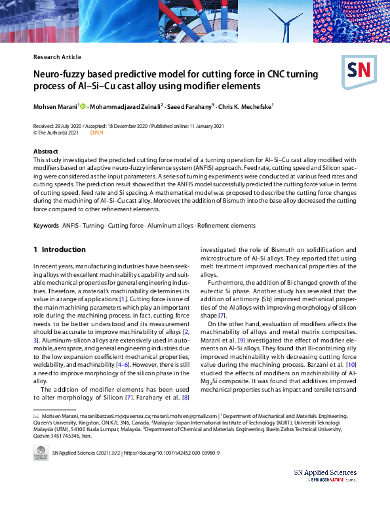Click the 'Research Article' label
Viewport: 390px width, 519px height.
point(57,57)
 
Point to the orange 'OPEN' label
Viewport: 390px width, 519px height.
point(96,133)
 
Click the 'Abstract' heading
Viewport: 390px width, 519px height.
point(45,152)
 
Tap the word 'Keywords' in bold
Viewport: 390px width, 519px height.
point(47,226)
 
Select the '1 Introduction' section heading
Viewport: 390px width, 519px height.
point(59,249)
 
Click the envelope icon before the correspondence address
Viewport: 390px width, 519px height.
point(36,416)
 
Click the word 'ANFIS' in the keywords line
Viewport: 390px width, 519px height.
point(70,226)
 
